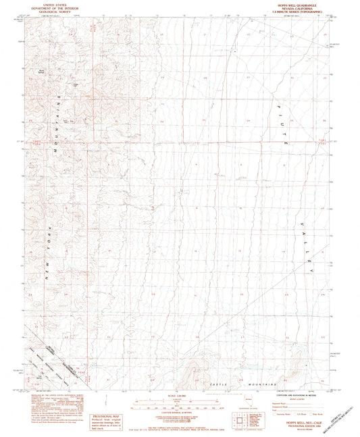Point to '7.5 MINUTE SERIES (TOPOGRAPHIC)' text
pos(296,13)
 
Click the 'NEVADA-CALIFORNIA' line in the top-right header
pos(296,9)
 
